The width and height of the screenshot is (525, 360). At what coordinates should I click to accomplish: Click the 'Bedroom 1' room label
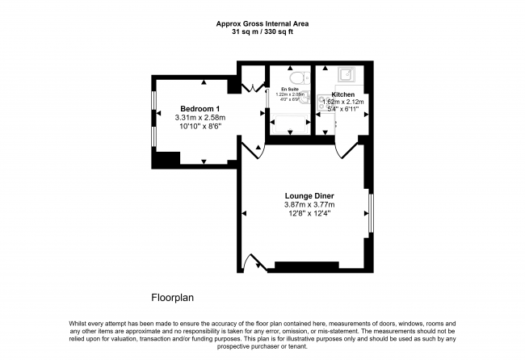(x=200, y=108)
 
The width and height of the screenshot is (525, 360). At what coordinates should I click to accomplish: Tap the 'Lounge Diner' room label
(x=309, y=196)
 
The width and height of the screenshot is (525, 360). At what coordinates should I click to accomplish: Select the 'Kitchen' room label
(x=342, y=94)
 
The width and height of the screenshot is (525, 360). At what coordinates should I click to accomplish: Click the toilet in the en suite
(x=300, y=77)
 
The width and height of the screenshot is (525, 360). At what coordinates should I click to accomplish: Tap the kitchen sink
(x=345, y=76)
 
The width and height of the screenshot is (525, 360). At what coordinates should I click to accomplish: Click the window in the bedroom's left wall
(x=153, y=118)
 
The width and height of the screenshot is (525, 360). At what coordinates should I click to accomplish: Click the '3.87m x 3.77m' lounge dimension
(x=309, y=205)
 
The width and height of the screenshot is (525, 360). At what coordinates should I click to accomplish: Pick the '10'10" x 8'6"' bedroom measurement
(x=200, y=127)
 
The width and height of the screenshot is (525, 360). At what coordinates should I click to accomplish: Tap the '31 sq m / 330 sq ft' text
(x=262, y=33)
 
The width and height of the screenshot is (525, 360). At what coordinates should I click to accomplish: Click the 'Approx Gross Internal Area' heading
(x=262, y=24)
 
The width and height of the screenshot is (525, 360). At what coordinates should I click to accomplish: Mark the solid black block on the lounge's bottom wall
(x=307, y=266)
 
